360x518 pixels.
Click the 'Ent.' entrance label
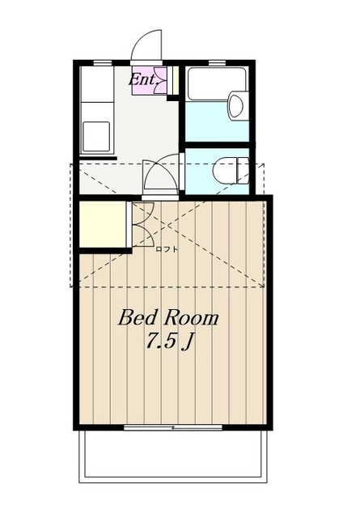tap(142, 79)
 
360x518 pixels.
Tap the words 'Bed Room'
tap(168, 318)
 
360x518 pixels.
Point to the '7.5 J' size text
tap(169, 342)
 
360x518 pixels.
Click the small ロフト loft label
tap(167, 249)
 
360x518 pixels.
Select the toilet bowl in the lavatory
tap(226, 170)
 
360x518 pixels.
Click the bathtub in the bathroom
tap(217, 83)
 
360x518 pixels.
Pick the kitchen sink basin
tap(96, 137)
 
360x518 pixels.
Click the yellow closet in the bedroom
tap(103, 224)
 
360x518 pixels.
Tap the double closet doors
tap(143, 225)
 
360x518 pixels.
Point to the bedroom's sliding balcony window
tap(173, 428)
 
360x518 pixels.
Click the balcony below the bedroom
tap(173, 456)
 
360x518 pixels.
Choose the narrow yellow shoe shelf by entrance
tap(176, 80)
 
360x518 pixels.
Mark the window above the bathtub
tap(217, 62)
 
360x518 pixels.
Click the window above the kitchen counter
tap(103, 62)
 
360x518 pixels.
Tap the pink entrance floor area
tap(149, 81)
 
